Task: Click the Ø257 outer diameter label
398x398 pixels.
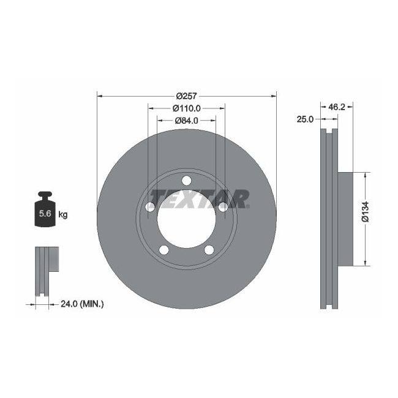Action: (186, 96)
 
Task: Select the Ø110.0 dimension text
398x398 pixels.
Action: (186, 108)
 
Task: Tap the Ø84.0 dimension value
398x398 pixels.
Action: (186, 120)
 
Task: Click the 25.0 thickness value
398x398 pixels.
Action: (305, 120)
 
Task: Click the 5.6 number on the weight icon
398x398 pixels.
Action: (45, 214)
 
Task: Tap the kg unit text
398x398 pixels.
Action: (62, 214)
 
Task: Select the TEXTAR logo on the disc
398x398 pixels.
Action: (200, 198)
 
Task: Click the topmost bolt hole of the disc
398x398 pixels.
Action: (186, 180)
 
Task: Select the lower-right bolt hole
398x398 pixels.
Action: (209, 249)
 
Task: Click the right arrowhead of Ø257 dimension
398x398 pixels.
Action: (272, 96)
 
